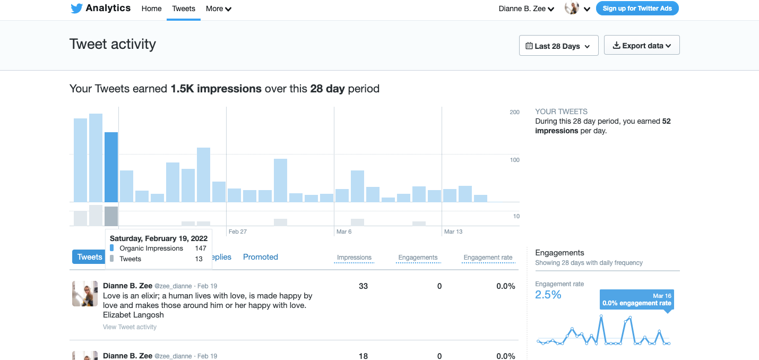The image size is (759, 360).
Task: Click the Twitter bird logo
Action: [76, 8]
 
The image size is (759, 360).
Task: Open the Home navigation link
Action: [151, 8]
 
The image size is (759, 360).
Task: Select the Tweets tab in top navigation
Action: [184, 8]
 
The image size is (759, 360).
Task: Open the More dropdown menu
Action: [218, 8]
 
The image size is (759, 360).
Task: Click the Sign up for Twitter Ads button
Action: [637, 8]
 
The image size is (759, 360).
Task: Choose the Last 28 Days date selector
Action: [558, 46]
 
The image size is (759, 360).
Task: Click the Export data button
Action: [641, 46]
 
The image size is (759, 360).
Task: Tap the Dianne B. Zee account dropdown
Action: [526, 8]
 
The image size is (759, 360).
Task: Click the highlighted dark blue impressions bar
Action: [111, 167]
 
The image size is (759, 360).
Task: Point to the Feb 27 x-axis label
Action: [237, 232]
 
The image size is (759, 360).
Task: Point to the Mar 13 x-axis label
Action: [453, 232]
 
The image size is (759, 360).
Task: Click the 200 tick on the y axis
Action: [514, 112]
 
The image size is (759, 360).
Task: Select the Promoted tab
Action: [260, 257]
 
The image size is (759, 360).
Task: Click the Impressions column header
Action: [354, 258]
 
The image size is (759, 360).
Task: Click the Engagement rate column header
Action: [488, 258]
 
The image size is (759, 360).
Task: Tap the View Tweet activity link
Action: [130, 327]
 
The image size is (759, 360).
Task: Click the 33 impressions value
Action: [363, 286]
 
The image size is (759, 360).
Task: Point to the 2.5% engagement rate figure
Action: [548, 295]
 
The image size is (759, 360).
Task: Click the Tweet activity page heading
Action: [113, 44]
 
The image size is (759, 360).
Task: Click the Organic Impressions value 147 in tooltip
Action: [200, 248]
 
